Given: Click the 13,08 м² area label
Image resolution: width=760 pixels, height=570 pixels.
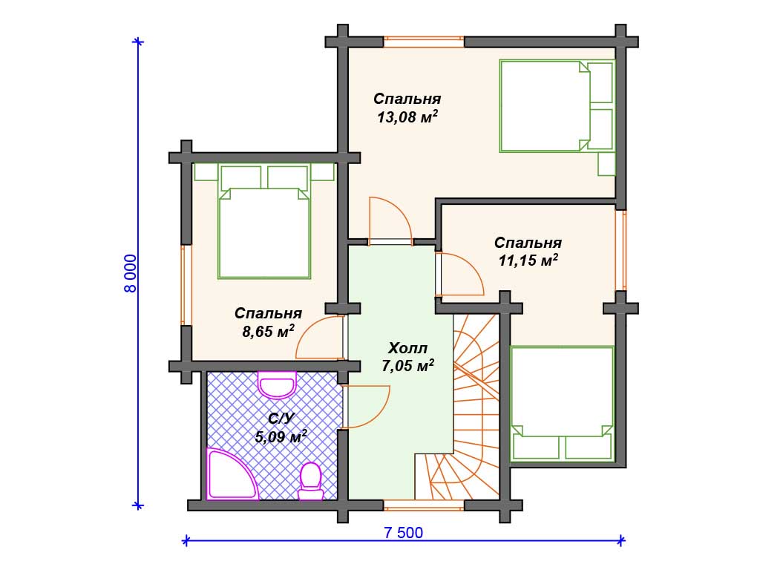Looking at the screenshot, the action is coord(407,117).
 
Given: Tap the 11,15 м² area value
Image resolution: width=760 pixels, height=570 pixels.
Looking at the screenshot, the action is coord(528,261).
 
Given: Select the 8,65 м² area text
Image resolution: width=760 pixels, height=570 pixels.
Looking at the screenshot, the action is coord(268,332).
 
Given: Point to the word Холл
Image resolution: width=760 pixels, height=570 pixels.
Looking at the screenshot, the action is coord(407,348).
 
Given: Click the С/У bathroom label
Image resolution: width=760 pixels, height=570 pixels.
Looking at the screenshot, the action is coord(281,419).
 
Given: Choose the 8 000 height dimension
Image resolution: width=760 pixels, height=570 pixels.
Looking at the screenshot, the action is coord(131,273).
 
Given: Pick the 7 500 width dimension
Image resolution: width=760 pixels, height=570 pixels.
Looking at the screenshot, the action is coord(403,533).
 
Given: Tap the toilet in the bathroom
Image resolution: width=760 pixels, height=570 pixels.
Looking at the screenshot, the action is coord(310,481).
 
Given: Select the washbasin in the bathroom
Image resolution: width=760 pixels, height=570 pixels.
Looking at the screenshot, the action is coord(277,385).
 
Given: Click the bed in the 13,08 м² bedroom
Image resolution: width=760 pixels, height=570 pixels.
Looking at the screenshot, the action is coord(557,106).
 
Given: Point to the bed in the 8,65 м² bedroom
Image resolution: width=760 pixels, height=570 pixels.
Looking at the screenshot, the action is coord(264,221).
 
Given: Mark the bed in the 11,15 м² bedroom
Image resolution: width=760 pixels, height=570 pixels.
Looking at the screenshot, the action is coord(563,403).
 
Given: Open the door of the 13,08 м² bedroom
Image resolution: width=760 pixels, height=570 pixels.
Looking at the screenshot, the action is coord(390,221).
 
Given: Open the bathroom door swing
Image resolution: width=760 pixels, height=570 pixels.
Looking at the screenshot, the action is coord(366,407).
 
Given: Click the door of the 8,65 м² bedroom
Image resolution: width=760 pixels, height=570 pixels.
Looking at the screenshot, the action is coord(320,338).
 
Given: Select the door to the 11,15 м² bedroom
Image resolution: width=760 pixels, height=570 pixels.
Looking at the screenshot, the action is coord(459,274).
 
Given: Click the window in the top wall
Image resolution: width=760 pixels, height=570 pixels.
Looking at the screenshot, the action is coord(424,42).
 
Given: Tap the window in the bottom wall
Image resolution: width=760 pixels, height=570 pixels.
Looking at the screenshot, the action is coord(424,505).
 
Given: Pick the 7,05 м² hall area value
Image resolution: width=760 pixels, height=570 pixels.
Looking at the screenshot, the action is coord(407,366).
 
